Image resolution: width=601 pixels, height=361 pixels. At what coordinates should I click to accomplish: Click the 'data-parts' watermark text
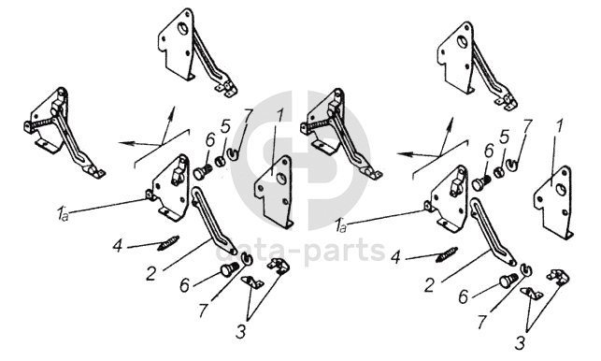[x=300, y=251]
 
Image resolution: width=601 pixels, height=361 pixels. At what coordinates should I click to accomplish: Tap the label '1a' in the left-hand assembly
[x=63, y=213]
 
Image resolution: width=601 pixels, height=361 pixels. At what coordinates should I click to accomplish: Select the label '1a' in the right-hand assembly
[x=341, y=225]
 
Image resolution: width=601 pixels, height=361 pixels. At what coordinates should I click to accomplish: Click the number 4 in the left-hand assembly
[x=118, y=246]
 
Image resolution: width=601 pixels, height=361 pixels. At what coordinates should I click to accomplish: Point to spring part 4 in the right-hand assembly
[x=447, y=255]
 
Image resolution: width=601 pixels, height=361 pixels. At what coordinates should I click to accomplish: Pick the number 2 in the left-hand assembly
[x=151, y=273]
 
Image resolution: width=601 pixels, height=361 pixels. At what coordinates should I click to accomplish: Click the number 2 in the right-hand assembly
[x=430, y=286]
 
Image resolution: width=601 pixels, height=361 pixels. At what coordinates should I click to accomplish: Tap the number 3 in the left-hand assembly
[x=240, y=331]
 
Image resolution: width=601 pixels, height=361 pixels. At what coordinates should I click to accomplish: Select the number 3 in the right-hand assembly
[x=520, y=343]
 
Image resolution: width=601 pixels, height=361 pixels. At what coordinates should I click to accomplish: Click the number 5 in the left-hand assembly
[x=226, y=126]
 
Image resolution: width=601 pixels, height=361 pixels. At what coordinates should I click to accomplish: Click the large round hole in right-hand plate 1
[x=560, y=189]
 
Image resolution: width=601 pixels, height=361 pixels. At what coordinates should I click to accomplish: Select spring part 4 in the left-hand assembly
[x=168, y=243]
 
